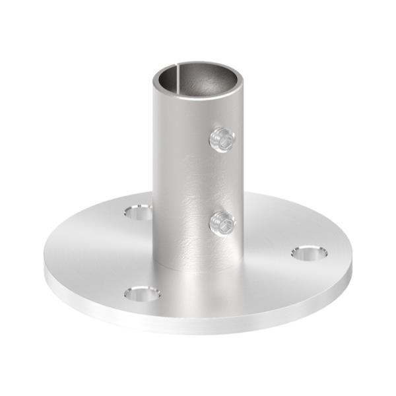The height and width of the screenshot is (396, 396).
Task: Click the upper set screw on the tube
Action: click(222, 140)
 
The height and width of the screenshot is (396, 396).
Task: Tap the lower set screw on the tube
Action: click(222, 224)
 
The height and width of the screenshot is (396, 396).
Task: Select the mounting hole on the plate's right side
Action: click(308, 252)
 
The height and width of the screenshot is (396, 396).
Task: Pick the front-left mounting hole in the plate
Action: click(141, 293)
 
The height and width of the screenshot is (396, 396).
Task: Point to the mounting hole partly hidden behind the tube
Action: click(139, 212)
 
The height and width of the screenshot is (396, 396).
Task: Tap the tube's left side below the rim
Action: click(160, 132)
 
